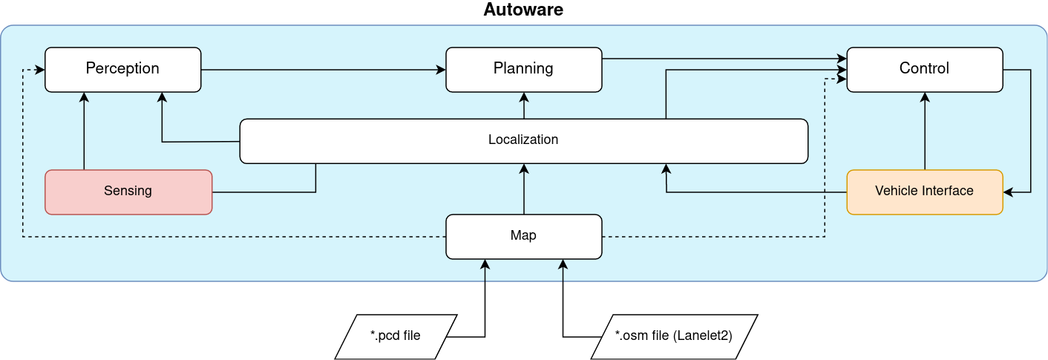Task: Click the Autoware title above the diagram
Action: (523, 10)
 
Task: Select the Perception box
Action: (122, 69)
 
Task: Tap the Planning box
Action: (523, 69)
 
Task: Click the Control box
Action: (924, 69)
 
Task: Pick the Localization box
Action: (523, 140)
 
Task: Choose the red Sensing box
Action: (128, 192)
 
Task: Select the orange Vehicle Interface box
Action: (924, 192)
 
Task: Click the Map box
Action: (523, 236)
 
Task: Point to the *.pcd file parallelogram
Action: (395, 336)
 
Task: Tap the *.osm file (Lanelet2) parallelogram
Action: (674, 336)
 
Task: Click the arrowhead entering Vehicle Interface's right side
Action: (1009, 192)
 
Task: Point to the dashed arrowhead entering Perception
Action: (40, 70)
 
